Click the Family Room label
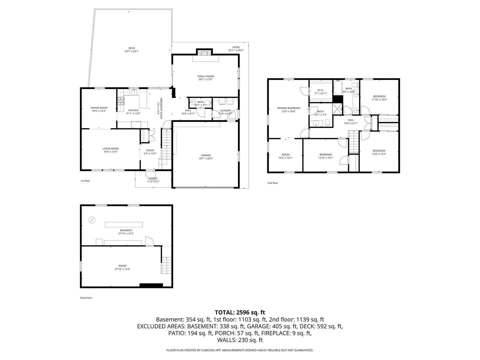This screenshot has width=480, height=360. click(x=206, y=76)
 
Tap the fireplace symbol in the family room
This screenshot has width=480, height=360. click(x=204, y=52)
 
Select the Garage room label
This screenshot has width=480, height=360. click(x=206, y=155)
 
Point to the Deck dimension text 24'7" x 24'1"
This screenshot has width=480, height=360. click(x=132, y=51)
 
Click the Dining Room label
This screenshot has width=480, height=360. click(x=99, y=108)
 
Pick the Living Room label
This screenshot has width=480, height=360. click(x=110, y=149)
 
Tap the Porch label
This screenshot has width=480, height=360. click(x=153, y=178)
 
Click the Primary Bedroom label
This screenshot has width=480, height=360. click(x=288, y=108)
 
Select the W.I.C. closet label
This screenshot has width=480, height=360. click(x=321, y=90)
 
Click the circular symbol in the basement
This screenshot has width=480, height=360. click(x=92, y=220)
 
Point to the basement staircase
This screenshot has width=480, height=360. click(x=166, y=265)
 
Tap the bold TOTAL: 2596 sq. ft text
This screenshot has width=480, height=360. click(x=240, y=312)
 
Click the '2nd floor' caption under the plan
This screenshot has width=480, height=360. click(x=273, y=183)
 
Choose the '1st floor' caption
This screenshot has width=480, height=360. click(x=85, y=181)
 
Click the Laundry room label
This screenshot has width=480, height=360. click(x=225, y=110)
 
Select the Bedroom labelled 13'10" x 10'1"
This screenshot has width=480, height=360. click(x=326, y=154)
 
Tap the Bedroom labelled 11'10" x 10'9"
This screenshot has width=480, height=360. click(x=379, y=96)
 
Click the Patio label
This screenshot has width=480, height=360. click(x=236, y=47)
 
